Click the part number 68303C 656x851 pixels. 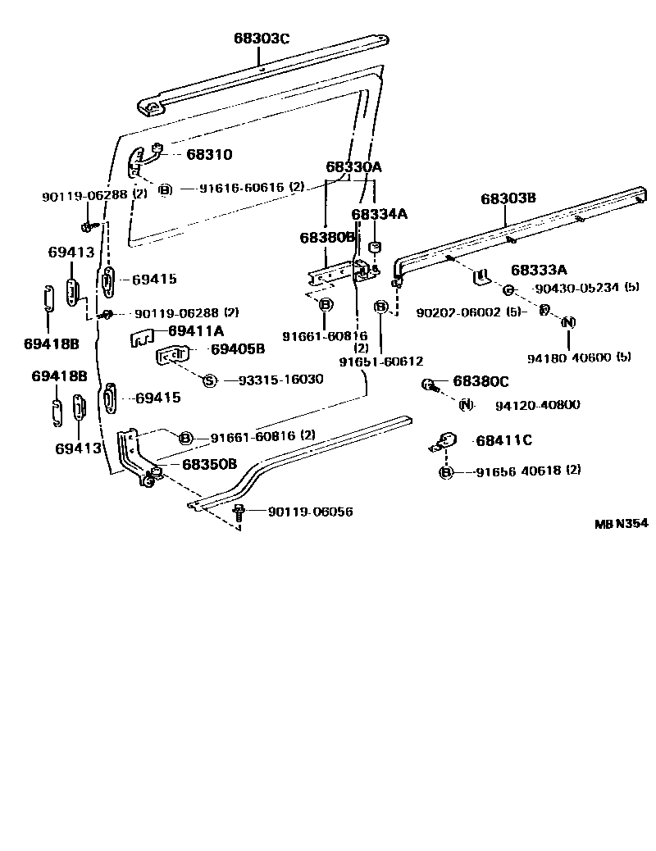tap(262, 39)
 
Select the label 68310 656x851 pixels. tap(209, 154)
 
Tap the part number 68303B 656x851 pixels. tap(508, 198)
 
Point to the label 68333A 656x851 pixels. tap(540, 270)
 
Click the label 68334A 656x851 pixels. tap(380, 214)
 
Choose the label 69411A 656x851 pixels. tap(196, 330)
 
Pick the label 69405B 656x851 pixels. tap(237, 348)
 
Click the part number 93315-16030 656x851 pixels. tap(280, 380)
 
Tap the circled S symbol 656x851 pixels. tap(208, 380)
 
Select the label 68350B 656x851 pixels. tap(209, 464)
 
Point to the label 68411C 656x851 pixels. tap(503, 440)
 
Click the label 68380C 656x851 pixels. tap(481, 382)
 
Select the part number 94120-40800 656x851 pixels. tap(537, 404)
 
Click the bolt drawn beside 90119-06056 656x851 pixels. tap(239, 512)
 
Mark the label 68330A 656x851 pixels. tap(354, 167)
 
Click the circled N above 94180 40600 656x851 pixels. tap(567, 322)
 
